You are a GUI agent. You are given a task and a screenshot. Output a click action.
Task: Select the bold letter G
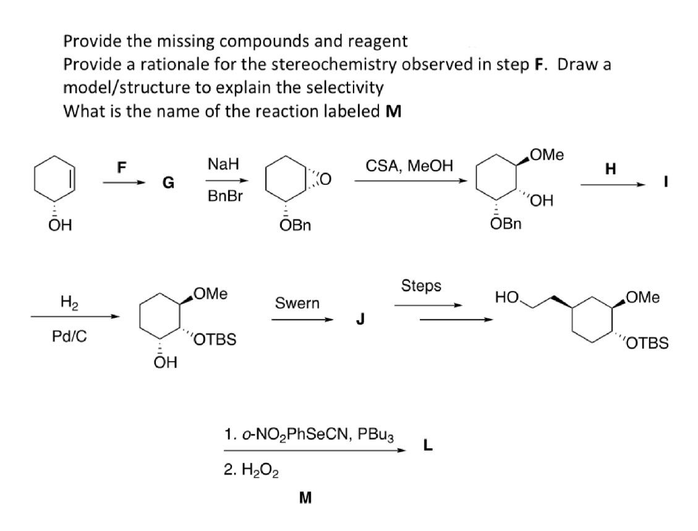click(168, 183)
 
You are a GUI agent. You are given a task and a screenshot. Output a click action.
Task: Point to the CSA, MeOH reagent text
click(409, 165)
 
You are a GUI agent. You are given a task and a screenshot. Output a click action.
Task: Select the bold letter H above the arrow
click(611, 168)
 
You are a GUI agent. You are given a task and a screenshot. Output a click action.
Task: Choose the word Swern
click(298, 303)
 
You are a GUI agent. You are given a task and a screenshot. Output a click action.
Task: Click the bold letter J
click(359, 320)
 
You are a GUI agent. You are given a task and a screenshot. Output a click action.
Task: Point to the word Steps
click(421, 286)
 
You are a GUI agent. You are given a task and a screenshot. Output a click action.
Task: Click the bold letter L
click(427, 443)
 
